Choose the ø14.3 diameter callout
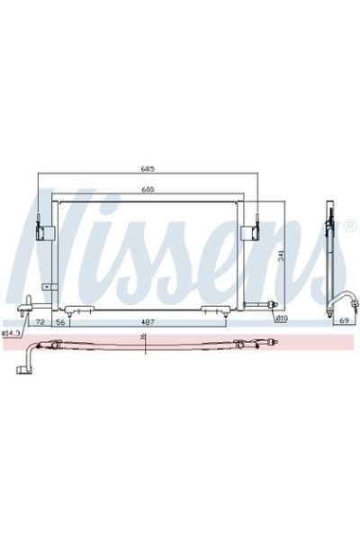12,333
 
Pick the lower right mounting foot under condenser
214,310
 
